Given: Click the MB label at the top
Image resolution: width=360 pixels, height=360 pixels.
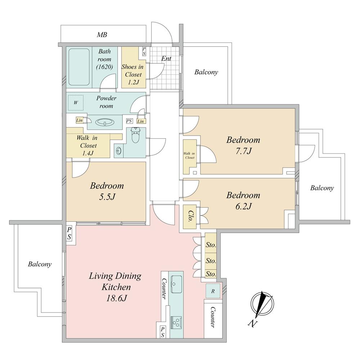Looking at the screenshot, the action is point(102,35).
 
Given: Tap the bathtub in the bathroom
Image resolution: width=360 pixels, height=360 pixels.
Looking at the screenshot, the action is point(79,67).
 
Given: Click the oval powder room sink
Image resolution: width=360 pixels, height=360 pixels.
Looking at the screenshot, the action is point(105,122).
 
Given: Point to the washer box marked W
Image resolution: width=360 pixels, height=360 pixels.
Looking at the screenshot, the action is point(76,103).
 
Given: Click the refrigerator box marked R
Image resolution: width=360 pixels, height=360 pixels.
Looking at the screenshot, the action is point(213,291).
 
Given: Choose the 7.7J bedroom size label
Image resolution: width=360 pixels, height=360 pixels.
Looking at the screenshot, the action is point(244,151).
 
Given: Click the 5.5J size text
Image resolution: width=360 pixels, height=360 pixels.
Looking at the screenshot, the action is point(107,197).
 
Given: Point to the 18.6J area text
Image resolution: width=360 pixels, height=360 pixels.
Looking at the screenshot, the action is point(116,298).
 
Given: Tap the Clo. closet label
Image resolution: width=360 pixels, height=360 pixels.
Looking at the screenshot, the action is point(190,216).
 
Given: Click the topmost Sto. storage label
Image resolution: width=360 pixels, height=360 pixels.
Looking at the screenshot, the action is point(211,245).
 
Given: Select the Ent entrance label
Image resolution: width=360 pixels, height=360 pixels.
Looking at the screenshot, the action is point(166,59).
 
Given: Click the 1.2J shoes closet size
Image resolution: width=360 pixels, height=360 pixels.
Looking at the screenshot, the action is point(133,82).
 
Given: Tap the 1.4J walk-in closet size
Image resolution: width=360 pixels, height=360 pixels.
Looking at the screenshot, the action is point(88,153).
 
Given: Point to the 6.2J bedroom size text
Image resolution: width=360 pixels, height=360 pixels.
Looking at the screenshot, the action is point(244,206).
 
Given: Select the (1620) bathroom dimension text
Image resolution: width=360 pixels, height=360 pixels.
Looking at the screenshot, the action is point(104,67).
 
